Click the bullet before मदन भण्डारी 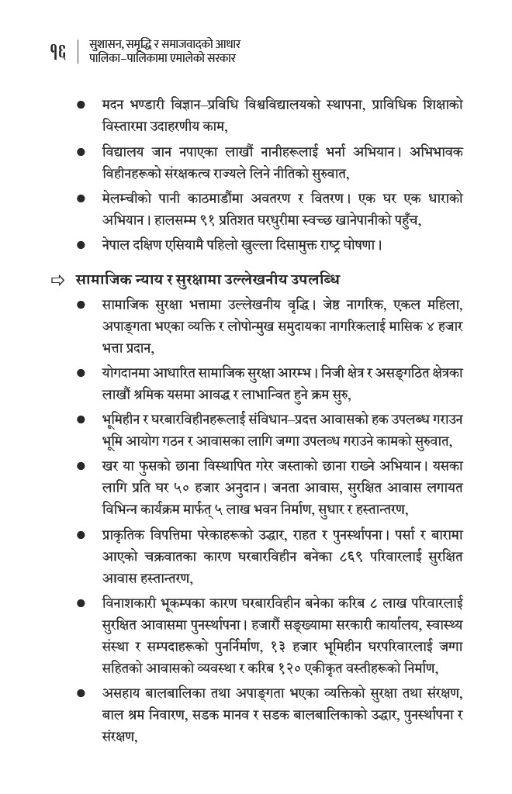81,103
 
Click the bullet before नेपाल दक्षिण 81,247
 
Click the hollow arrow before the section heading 56,279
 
